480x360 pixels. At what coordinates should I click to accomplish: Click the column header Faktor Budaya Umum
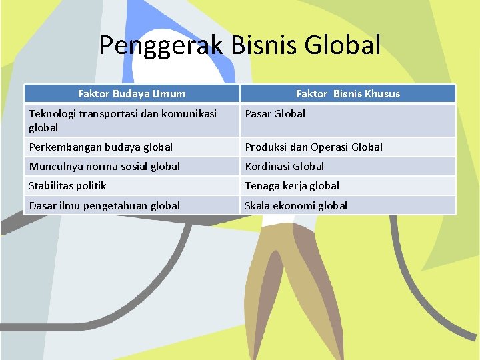point(131,94)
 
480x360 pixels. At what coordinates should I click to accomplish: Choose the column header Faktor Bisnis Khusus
point(348,94)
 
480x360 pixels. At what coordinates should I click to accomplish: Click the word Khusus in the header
point(382,94)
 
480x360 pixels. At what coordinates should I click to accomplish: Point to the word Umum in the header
point(170,94)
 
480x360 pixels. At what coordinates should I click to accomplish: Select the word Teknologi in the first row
point(53,114)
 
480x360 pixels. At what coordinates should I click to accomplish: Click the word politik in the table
point(91,185)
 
